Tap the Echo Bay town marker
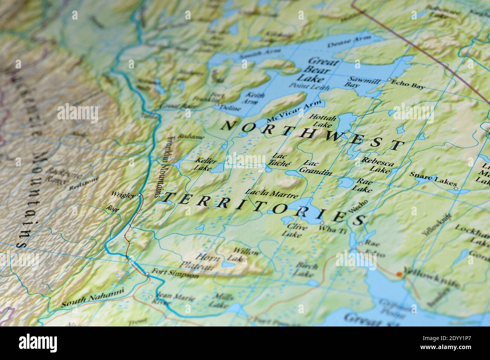[x=389, y=80]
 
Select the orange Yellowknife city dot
[x=399, y=275]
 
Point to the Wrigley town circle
[x=139, y=195]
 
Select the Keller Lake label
[x=206, y=164]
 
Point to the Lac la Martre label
[x=272, y=193]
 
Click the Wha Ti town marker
[x=322, y=223]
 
